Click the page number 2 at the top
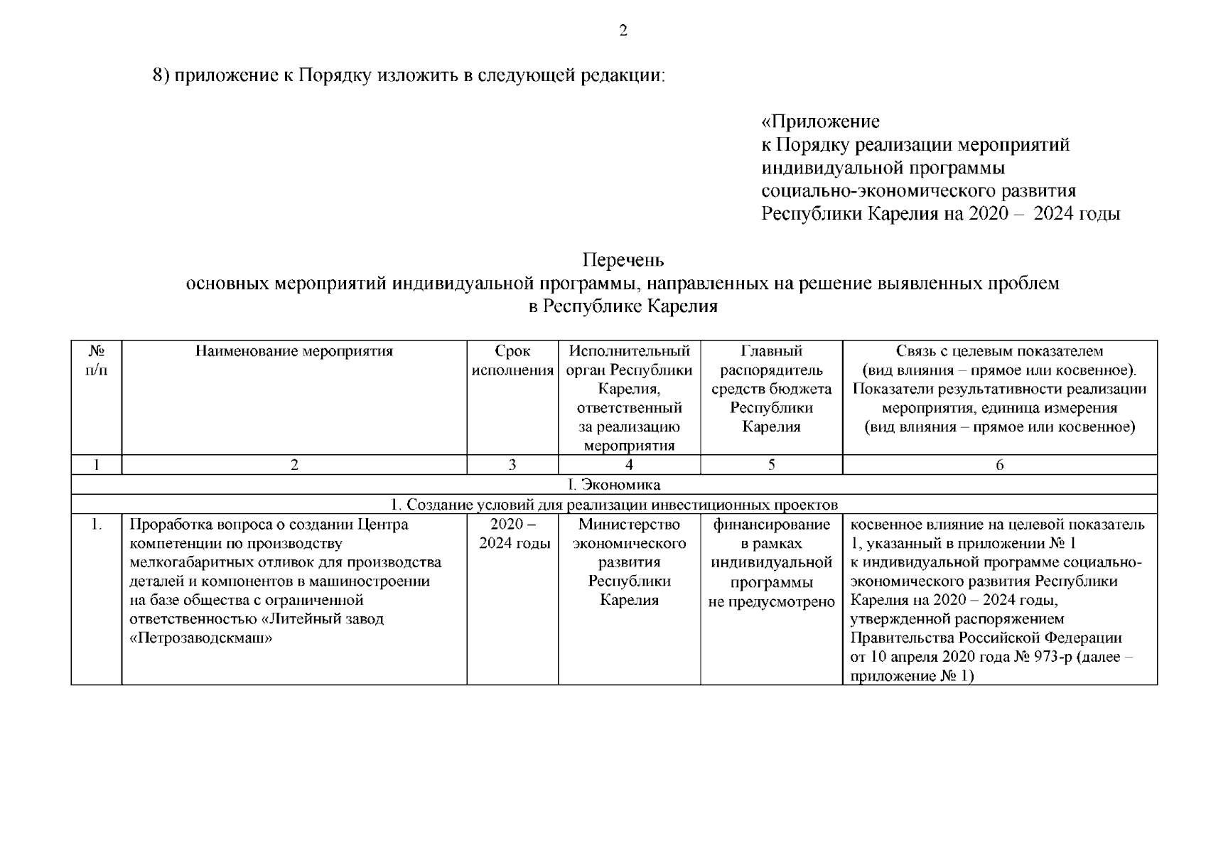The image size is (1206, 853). (x=623, y=31)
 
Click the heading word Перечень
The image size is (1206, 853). (x=623, y=261)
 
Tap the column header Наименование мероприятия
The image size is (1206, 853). (x=294, y=351)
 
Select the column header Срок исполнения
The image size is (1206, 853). (x=512, y=361)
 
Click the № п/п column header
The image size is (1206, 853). (x=97, y=361)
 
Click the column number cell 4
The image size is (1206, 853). (x=629, y=466)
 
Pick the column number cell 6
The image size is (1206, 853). (x=999, y=466)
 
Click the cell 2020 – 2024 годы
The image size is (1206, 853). (x=512, y=535)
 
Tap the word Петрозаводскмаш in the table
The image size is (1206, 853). (x=203, y=638)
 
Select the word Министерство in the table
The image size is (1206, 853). (x=629, y=525)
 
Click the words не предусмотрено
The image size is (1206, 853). (x=771, y=602)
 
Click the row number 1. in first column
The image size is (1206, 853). (x=97, y=526)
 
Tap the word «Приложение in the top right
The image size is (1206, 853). (x=820, y=122)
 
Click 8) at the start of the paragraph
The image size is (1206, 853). (x=162, y=75)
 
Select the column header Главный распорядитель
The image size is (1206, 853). (x=771, y=361)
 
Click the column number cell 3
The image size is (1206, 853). (x=512, y=466)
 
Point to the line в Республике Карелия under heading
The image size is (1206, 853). (x=623, y=307)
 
